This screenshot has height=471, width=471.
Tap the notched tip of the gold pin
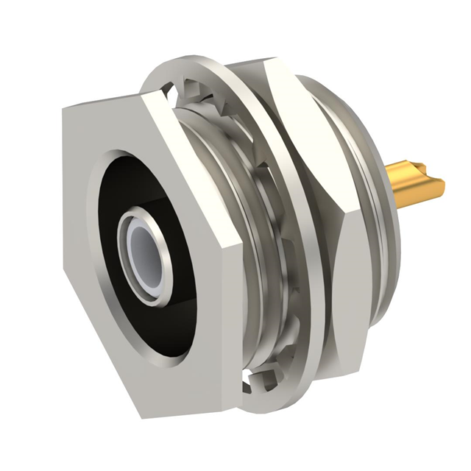[440, 183]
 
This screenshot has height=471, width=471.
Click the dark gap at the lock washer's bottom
[250, 382]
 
